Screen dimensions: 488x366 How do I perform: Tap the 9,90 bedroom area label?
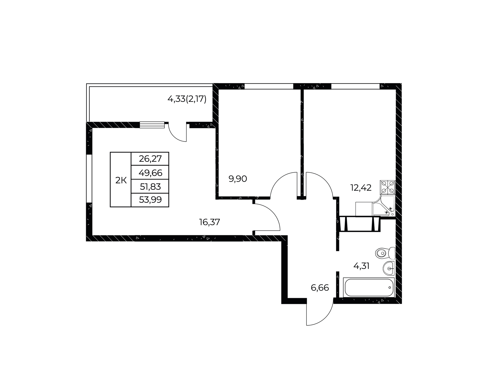point(238,179)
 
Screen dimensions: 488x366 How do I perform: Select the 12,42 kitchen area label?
point(361,188)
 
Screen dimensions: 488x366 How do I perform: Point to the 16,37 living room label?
point(209,222)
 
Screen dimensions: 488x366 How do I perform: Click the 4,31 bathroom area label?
point(361,266)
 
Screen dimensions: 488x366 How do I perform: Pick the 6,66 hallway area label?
point(320,288)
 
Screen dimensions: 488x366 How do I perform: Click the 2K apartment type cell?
point(121,180)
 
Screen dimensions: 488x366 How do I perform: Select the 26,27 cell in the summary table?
point(150,159)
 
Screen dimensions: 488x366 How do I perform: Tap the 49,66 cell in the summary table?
point(150,173)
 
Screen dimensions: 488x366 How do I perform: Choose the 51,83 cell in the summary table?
point(150,187)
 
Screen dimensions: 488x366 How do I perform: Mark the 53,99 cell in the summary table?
point(150,200)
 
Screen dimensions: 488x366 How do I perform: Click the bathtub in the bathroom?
point(369,287)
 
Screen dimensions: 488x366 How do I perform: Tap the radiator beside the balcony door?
point(152,125)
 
